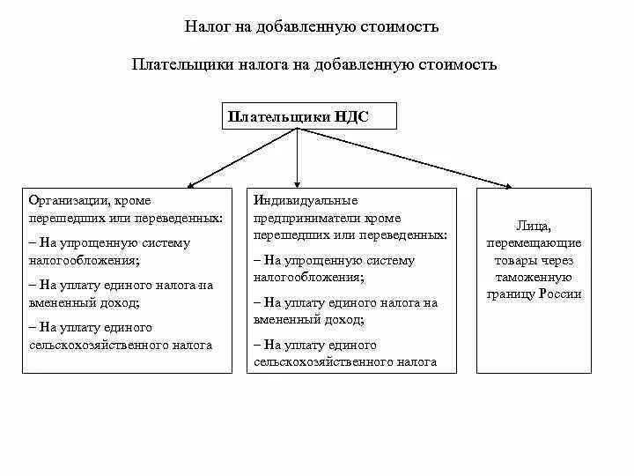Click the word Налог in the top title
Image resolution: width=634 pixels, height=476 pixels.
pyautogui.click(x=206, y=27)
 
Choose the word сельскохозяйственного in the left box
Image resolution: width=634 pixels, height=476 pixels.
pyautogui.click(x=86, y=345)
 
